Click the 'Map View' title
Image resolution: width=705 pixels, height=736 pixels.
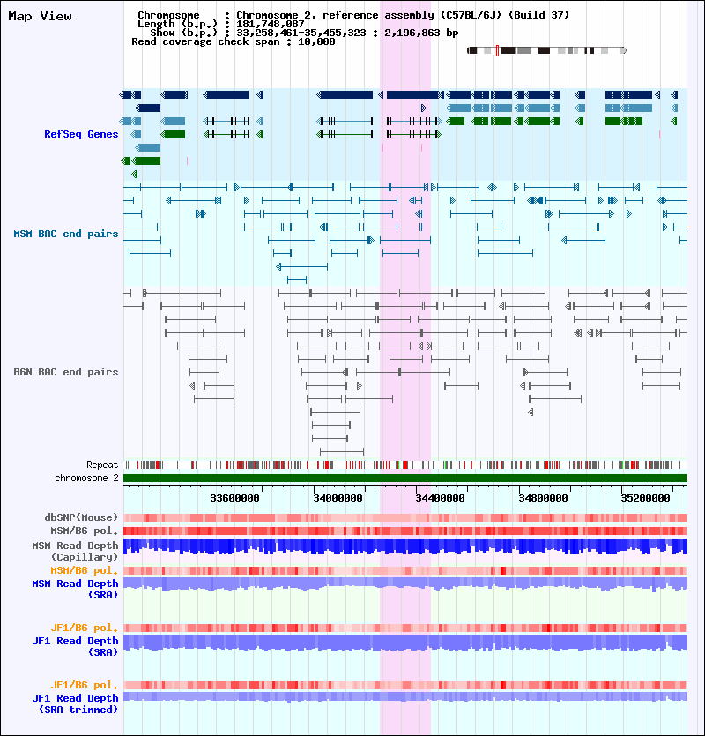coord(40,17)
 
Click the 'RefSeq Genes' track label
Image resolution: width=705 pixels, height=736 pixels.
coord(81,134)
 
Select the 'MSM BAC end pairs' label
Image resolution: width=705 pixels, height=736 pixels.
coord(66,234)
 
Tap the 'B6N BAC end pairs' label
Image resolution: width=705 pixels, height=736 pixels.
coord(66,372)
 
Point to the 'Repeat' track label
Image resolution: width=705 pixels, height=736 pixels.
coord(102,465)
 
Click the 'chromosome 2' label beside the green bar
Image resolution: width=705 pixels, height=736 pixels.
coord(87,478)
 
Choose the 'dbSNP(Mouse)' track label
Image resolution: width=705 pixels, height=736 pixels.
coord(81,517)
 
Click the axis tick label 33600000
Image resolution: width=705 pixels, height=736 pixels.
coord(234,498)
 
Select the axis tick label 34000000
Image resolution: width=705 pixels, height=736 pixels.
coord(338,498)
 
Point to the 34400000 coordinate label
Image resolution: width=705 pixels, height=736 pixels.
coord(441,498)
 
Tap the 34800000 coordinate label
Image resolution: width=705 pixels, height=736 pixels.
coord(543,498)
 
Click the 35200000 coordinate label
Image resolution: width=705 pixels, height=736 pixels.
coord(645,498)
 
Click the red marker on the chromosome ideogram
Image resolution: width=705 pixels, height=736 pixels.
coord(498,51)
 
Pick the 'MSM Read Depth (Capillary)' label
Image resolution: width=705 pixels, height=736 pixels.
coord(75,551)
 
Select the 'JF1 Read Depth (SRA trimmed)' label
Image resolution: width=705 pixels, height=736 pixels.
coord(75,703)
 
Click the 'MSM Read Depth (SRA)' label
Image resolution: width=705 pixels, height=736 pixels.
coord(75,589)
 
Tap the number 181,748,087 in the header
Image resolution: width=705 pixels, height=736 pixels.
coord(271,24)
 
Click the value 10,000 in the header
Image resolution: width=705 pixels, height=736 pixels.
coord(316,41)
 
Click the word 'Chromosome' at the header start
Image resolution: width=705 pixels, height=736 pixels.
coord(168,15)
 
